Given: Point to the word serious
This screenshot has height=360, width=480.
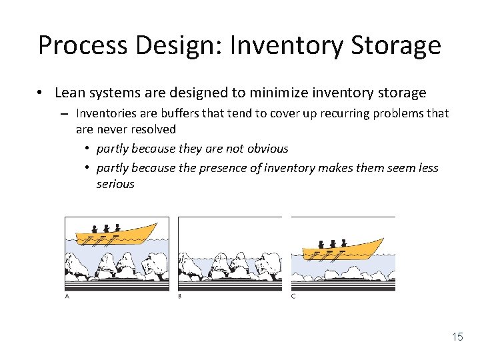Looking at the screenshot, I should coord(115,184).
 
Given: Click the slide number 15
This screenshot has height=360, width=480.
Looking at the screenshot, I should coord(457,337).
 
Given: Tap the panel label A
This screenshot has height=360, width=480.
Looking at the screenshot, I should coord(67,296).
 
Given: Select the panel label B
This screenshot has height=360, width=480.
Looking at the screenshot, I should coord(180,296).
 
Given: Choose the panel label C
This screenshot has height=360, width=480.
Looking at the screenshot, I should coord(293,296).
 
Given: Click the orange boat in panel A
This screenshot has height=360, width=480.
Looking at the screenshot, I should coord(117,235).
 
